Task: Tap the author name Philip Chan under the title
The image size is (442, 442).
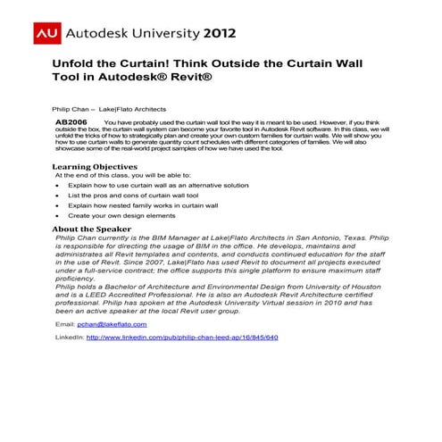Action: pos(71,105)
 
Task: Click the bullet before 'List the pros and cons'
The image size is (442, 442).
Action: pos(57,195)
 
